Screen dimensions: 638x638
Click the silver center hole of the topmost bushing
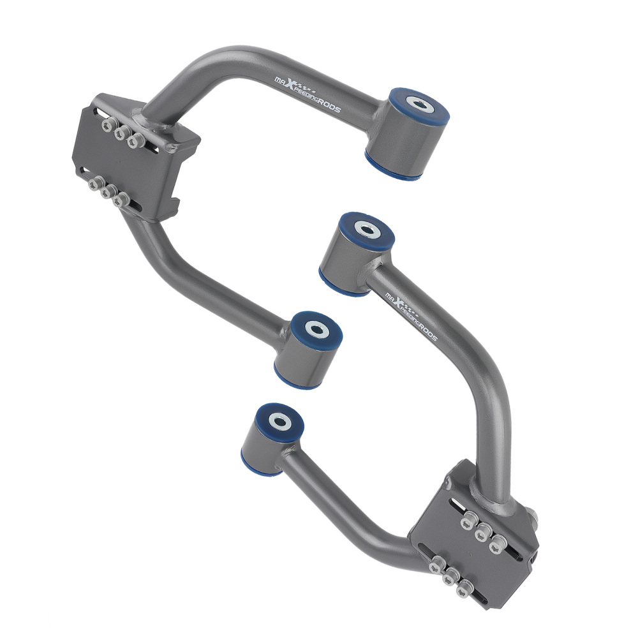(418, 104)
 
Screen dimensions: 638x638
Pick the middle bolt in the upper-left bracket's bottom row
(106, 192)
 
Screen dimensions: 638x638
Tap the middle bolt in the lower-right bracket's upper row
(484, 529)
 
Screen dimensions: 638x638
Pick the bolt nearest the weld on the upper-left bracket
(133, 142)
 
